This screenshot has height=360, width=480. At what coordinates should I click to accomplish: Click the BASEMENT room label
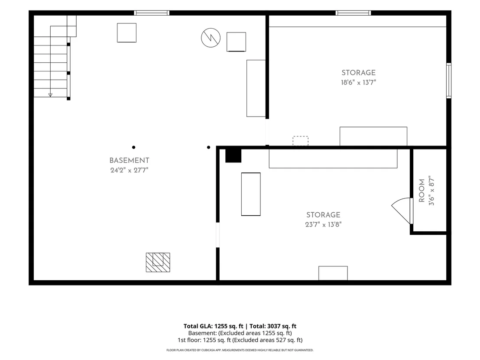(x=129, y=160)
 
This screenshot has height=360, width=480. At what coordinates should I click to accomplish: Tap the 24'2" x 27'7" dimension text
(x=129, y=170)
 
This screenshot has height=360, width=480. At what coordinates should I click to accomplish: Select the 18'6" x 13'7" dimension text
(x=358, y=82)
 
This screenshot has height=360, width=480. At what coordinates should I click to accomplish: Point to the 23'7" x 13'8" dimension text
(x=323, y=224)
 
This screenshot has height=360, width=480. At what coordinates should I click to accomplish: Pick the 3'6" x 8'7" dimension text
(x=431, y=191)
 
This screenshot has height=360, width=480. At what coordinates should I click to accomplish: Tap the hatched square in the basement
(x=158, y=263)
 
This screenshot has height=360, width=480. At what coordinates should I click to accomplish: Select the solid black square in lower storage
(x=233, y=156)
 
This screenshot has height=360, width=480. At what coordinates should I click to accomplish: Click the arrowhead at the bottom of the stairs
(x=50, y=95)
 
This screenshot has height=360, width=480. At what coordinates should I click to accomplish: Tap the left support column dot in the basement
(x=133, y=147)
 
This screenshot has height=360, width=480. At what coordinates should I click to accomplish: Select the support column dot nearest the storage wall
(x=208, y=147)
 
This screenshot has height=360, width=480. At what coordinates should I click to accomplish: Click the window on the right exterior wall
(x=449, y=81)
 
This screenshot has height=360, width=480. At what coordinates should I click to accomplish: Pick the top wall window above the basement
(x=152, y=13)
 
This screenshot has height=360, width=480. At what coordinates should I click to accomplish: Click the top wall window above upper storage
(x=353, y=13)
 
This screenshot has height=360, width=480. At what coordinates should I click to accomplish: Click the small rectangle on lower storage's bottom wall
(x=333, y=273)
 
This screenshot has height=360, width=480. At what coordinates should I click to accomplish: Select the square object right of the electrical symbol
(x=236, y=42)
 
